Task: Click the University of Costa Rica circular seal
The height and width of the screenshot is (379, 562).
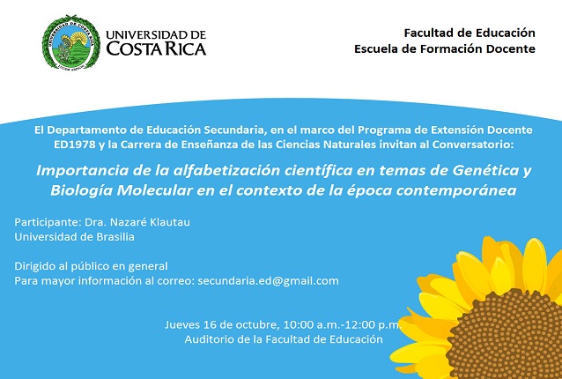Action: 71,42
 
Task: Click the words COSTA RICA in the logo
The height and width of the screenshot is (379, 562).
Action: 156,48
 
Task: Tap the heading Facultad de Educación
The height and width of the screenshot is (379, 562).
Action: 470,33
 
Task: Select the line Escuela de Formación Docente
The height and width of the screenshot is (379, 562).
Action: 445,48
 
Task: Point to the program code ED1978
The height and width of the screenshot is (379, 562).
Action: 75,145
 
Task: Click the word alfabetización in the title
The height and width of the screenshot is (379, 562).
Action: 227,170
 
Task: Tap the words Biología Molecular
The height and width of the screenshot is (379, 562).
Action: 122,190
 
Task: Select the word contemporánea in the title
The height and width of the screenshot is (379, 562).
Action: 456,190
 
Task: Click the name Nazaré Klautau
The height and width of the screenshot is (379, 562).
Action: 150,222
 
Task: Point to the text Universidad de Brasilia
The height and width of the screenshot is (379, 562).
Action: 75,237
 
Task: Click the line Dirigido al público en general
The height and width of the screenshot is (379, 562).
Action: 91,266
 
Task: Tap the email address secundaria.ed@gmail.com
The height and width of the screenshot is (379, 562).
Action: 268,281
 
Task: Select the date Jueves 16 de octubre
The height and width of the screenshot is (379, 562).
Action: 221,325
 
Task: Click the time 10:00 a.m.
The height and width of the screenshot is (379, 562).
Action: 312,325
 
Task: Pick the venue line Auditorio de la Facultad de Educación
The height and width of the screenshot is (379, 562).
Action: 284,339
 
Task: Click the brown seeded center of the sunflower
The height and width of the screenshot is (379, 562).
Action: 509,337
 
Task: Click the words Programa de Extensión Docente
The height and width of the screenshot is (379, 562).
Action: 445,130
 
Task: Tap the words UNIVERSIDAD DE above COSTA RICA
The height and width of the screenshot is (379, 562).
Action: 156,34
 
